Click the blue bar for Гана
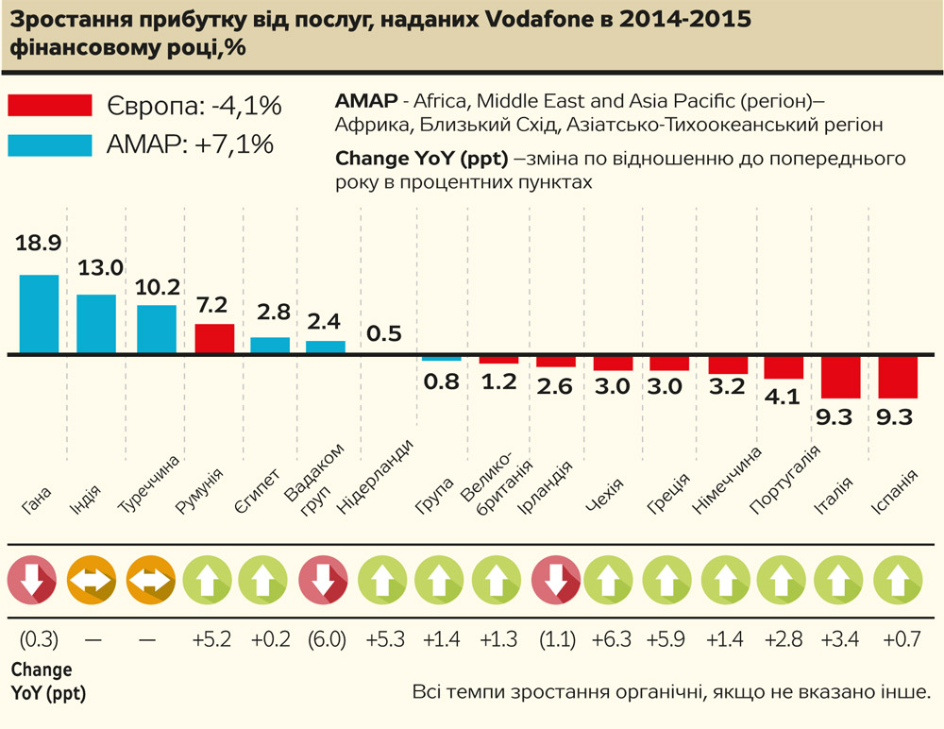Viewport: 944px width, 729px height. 40,314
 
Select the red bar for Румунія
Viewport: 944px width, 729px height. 214,338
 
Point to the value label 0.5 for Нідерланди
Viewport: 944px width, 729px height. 383,332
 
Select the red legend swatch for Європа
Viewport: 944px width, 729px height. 50,106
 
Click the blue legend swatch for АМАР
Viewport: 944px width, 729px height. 50,144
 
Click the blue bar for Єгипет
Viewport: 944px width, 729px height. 270,345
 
